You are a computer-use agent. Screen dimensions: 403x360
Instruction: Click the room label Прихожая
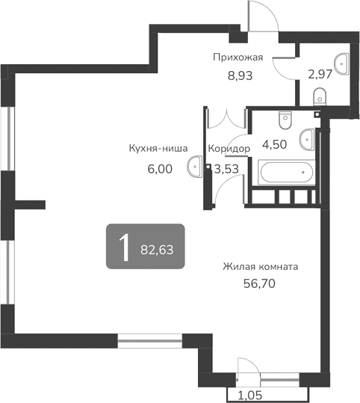(238, 57)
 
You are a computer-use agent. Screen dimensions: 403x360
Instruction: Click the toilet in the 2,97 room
(319, 95)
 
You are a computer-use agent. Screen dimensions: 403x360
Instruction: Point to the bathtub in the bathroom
(283, 173)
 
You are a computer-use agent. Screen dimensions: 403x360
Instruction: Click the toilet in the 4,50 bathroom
(285, 120)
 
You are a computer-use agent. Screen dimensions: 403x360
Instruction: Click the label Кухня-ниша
(158, 148)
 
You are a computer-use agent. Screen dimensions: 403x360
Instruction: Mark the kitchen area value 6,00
(160, 169)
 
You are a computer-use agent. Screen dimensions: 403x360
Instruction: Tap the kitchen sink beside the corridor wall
(195, 166)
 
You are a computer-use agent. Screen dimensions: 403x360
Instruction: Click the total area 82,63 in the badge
(156, 250)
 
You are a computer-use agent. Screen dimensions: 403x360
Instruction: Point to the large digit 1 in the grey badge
(123, 247)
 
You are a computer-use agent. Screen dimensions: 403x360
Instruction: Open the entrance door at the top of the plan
(261, 16)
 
